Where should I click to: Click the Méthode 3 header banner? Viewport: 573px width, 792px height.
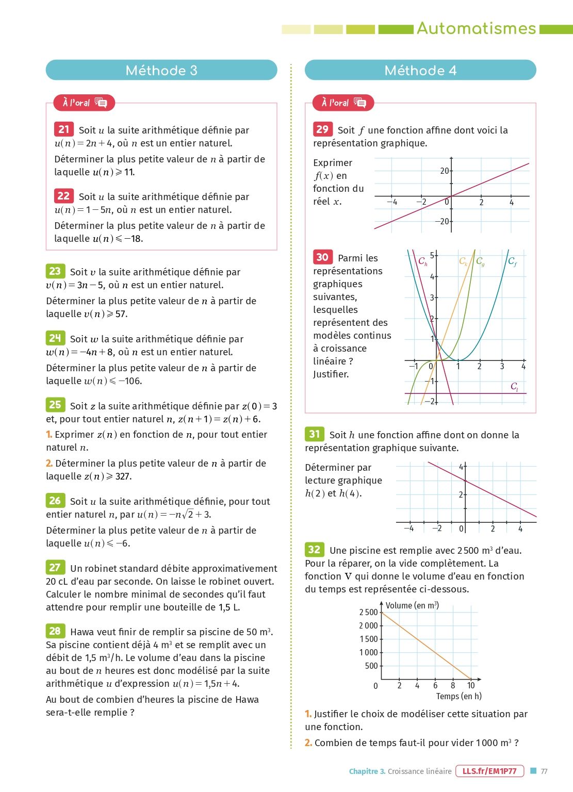pos(161,70)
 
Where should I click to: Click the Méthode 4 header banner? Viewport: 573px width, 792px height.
pos(420,70)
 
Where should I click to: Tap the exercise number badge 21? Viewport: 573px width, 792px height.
pos(64,129)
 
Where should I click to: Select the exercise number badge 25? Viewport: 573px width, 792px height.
pos(55,405)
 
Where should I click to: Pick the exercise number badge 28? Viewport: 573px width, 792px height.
pos(55,631)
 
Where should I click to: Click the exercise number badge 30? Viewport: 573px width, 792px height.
pos(322,257)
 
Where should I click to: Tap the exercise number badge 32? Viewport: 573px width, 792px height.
pos(314,549)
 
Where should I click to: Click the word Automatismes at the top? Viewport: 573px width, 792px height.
pos(476,28)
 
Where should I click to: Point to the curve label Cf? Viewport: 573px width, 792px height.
pos(512,261)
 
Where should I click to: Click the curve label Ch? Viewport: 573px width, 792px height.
pos(423,261)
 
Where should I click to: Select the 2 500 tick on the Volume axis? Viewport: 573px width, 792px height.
pos(369,612)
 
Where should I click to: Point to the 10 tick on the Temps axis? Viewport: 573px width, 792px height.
pos(471,685)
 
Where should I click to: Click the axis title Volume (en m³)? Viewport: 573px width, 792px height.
pos(412,605)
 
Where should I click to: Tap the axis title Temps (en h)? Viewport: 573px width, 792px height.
pos(459,696)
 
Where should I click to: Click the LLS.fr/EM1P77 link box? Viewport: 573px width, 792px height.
pos(489,771)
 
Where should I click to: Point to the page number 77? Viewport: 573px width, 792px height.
pos(544,771)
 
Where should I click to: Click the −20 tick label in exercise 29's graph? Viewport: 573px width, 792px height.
pos(441,222)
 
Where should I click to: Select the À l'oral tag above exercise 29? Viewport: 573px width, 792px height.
pos(343,103)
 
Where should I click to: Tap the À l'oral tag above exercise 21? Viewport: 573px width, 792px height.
pos(84,103)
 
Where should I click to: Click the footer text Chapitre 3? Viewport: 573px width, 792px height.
pos(367,771)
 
